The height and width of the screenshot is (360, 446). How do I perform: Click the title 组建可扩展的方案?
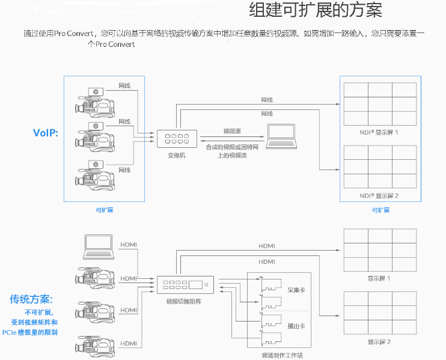[x=316, y=10]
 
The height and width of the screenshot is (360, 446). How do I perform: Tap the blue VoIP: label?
[x=46, y=133]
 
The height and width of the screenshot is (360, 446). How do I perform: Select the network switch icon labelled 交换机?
[x=177, y=139]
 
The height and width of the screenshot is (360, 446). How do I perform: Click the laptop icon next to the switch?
[x=281, y=136]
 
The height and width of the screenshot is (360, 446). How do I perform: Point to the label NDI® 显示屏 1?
[x=379, y=132]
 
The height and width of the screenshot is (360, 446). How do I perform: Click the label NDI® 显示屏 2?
[x=379, y=196]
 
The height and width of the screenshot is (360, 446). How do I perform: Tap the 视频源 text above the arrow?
[x=232, y=131]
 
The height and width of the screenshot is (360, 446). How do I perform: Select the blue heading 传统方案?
[x=31, y=299]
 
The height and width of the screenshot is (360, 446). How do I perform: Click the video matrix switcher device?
[x=186, y=285]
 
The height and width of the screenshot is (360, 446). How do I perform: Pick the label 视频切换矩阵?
[x=184, y=302]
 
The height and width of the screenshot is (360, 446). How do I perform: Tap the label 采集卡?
[x=296, y=290]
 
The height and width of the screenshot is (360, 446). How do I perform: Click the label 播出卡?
[x=296, y=326]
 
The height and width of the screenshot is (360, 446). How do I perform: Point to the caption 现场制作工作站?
[x=282, y=355]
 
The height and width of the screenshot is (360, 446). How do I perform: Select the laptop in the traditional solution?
[x=99, y=247]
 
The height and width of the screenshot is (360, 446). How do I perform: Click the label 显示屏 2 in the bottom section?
[x=379, y=342]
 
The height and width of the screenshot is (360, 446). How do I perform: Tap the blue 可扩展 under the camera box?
[x=105, y=210]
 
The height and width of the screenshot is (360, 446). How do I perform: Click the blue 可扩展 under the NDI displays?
[x=380, y=210]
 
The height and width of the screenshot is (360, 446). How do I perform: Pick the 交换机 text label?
[x=177, y=155]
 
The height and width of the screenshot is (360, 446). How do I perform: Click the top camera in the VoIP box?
[x=95, y=102]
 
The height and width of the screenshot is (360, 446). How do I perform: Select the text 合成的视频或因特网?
[x=232, y=147]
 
